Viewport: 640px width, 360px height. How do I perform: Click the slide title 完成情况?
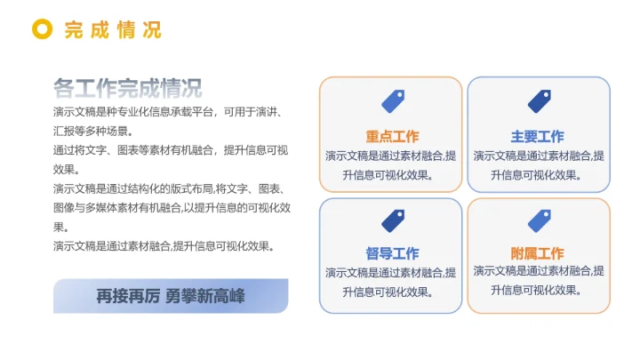coord(113,29)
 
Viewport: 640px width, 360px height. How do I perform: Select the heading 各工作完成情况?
coord(127,88)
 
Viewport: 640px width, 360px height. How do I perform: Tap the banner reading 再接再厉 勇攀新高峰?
coord(171,296)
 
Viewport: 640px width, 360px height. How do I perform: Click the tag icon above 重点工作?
coord(392,101)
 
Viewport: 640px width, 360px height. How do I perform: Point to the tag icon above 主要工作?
coord(539,101)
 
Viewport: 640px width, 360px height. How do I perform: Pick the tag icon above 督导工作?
coord(392,220)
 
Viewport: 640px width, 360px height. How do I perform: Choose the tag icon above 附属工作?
coord(539,220)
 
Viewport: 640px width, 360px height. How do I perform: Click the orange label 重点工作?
coord(392,137)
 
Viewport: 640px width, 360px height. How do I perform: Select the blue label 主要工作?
coord(537,137)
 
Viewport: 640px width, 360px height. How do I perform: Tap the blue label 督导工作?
coord(392,253)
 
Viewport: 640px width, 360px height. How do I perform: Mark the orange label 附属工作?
coord(537,253)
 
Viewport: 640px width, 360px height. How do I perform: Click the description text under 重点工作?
coord(391,164)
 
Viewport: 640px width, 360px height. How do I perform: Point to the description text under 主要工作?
coord(539,164)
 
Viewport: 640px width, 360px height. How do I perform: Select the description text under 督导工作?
coord(391,282)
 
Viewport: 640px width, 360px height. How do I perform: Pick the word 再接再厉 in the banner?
coord(128,297)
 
